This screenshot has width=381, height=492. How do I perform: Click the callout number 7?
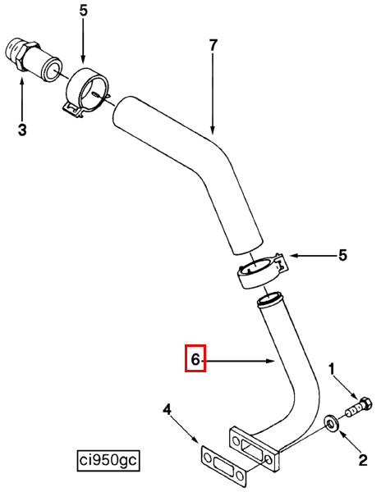coord(213,45)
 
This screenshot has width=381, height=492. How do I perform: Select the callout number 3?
coord(22,130)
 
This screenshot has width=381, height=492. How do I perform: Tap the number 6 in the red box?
coord(195,359)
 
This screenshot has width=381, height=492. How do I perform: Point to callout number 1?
coord(332,369)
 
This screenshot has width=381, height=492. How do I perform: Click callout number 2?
coord(363,460)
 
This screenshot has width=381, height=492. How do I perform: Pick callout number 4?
coord(168,409)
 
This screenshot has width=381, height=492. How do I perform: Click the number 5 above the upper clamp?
coord(83,11)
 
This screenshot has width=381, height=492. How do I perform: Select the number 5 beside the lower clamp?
coord(342,255)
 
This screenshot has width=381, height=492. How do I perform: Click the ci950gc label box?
coord(108,461)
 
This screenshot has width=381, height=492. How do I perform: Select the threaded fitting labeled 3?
coord(34,60)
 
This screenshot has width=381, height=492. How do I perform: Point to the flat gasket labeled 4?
coord(223,463)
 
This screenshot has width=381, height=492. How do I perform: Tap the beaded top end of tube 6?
coord(269,299)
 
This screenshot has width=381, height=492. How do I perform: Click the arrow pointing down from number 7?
coord(213,93)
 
